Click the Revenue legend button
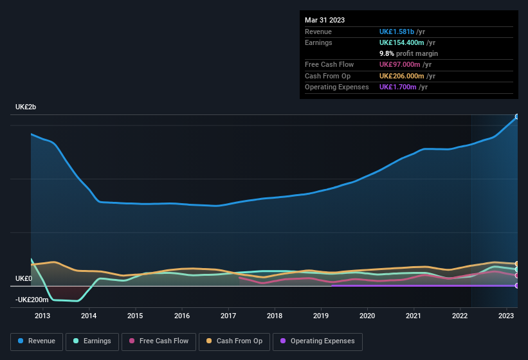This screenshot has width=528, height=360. click(x=37, y=341)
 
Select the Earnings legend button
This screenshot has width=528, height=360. click(x=91, y=341)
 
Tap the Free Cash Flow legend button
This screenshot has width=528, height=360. click(x=159, y=341)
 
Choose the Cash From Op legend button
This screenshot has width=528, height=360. click(x=235, y=341)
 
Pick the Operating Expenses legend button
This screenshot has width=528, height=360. click(x=318, y=341)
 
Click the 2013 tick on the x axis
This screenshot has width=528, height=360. click(x=42, y=316)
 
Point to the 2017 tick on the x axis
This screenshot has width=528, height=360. click(x=228, y=316)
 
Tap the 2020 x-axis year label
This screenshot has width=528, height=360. click(x=367, y=316)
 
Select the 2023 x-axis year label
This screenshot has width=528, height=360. click(x=506, y=316)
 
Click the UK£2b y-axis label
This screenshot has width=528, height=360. click(x=26, y=107)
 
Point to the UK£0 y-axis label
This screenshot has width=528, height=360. click(x=23, y=279)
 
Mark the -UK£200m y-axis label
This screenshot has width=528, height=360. click(x=32, y=300)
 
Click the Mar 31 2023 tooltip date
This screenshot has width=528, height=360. click(x=325, y=20)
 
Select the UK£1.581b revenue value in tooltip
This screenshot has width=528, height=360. click(x=397, y=32)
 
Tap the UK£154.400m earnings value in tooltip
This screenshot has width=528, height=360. click(x=403, y=42)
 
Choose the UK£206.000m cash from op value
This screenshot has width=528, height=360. click(x=403, y=76)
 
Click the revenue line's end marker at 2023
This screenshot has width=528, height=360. click(x=517, y=117)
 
